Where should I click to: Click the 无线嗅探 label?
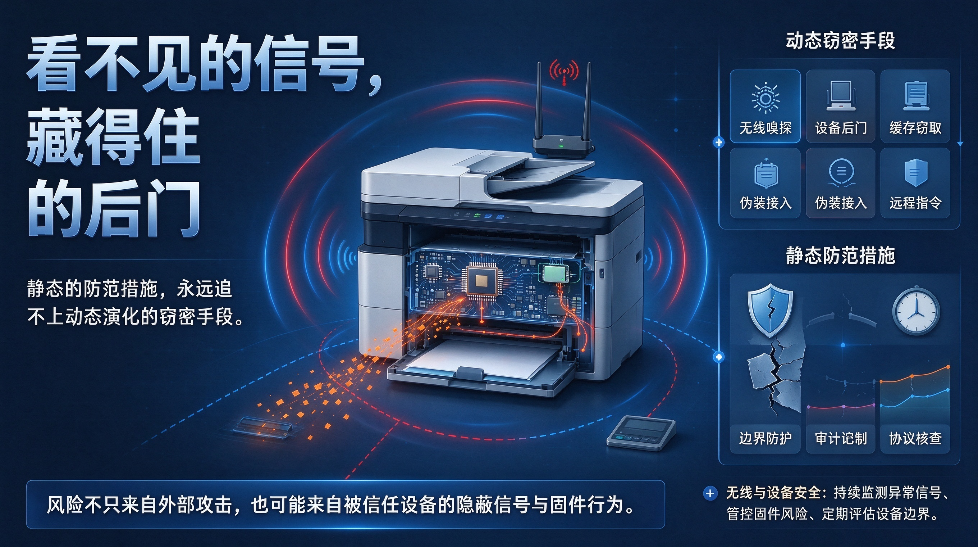point(765,128)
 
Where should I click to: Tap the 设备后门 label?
point(841,128)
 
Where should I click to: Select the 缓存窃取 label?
point(915,128)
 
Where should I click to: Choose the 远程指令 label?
point(915,203)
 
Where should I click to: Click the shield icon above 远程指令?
point(916,173)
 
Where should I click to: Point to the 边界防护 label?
point(765,438)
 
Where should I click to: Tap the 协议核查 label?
point(915,438)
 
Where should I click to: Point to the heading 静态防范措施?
point(840,255)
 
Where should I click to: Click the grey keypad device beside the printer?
point(641,433)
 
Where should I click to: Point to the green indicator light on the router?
point(561,146)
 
